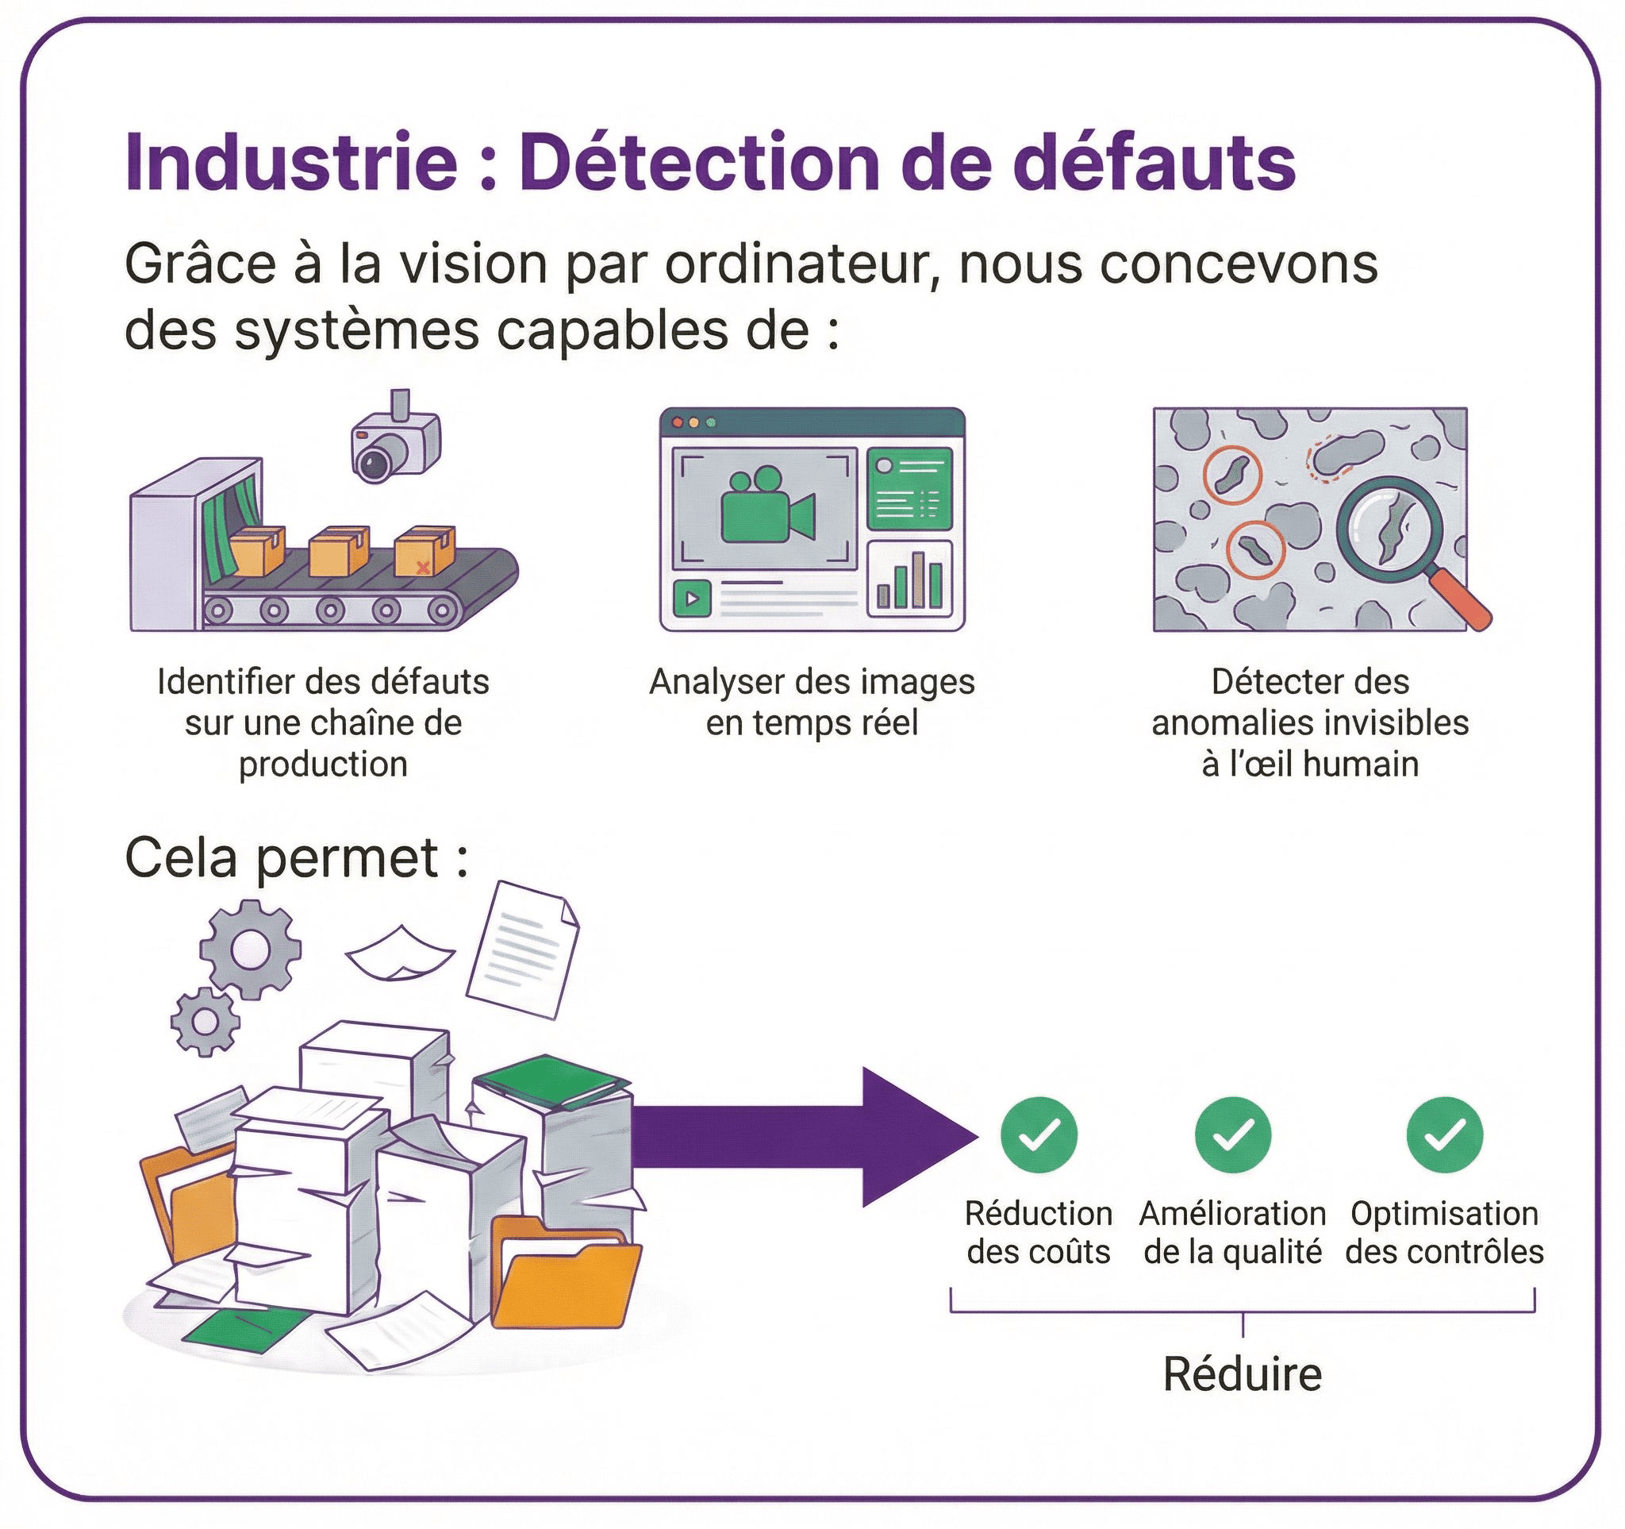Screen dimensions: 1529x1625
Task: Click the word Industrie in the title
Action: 290,162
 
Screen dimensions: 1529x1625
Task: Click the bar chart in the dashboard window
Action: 910,582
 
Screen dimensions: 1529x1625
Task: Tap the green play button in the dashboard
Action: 692,599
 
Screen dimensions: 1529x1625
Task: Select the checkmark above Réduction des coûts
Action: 1038,1134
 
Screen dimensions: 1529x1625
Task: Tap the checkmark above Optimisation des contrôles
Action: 1443,1134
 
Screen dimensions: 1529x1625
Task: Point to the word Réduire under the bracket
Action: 1242,1373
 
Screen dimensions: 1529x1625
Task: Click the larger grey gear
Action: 249,949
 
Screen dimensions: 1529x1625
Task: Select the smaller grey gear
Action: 206,1021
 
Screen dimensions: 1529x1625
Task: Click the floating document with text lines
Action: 523,950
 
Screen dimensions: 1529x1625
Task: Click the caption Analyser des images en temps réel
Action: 812,703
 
